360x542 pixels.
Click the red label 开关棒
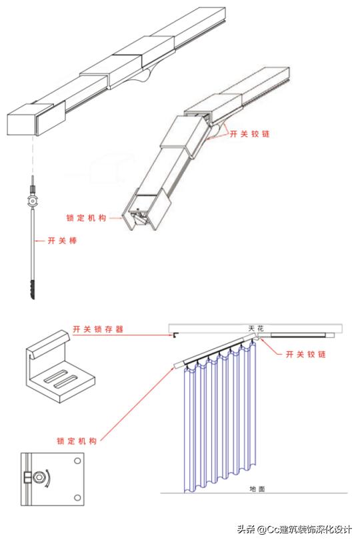click(x=62, y=240)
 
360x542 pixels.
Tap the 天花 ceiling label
click(x=255, y=328)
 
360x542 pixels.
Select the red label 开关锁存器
click(x=98, y=329)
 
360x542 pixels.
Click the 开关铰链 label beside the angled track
click(x=250, y=133)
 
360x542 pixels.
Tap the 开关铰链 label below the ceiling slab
click(x=305, y=354)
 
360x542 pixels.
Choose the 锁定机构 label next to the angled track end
click(x=86, y=217)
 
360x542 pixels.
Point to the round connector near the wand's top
click(x=31, y=201)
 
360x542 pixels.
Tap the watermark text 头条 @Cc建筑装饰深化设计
click(x=293, y=529)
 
